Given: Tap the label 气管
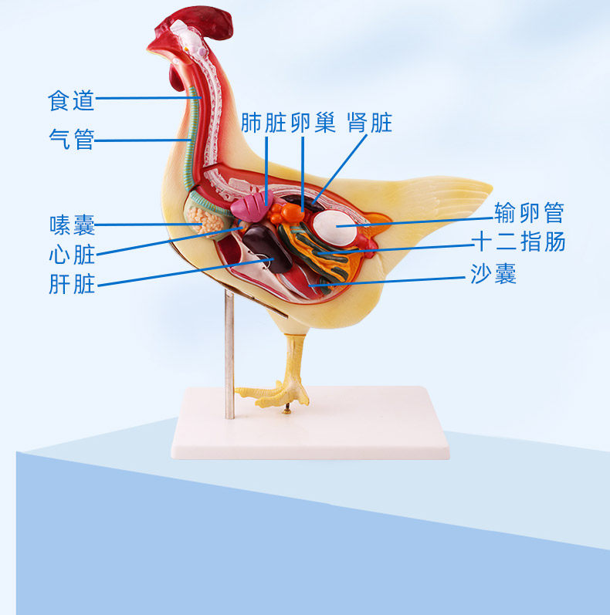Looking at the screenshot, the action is [71, 140].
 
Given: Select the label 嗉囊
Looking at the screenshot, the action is [71, 225].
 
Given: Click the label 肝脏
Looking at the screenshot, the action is [71, 285].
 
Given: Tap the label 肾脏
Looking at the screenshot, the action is [370, 123].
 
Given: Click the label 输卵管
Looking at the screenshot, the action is [530, 213].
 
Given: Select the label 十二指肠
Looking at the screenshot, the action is [519, 242].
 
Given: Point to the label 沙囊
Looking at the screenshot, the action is [493, 273].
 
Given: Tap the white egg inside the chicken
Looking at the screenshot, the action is [336, 226].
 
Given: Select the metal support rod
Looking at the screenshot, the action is [229, 355].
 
